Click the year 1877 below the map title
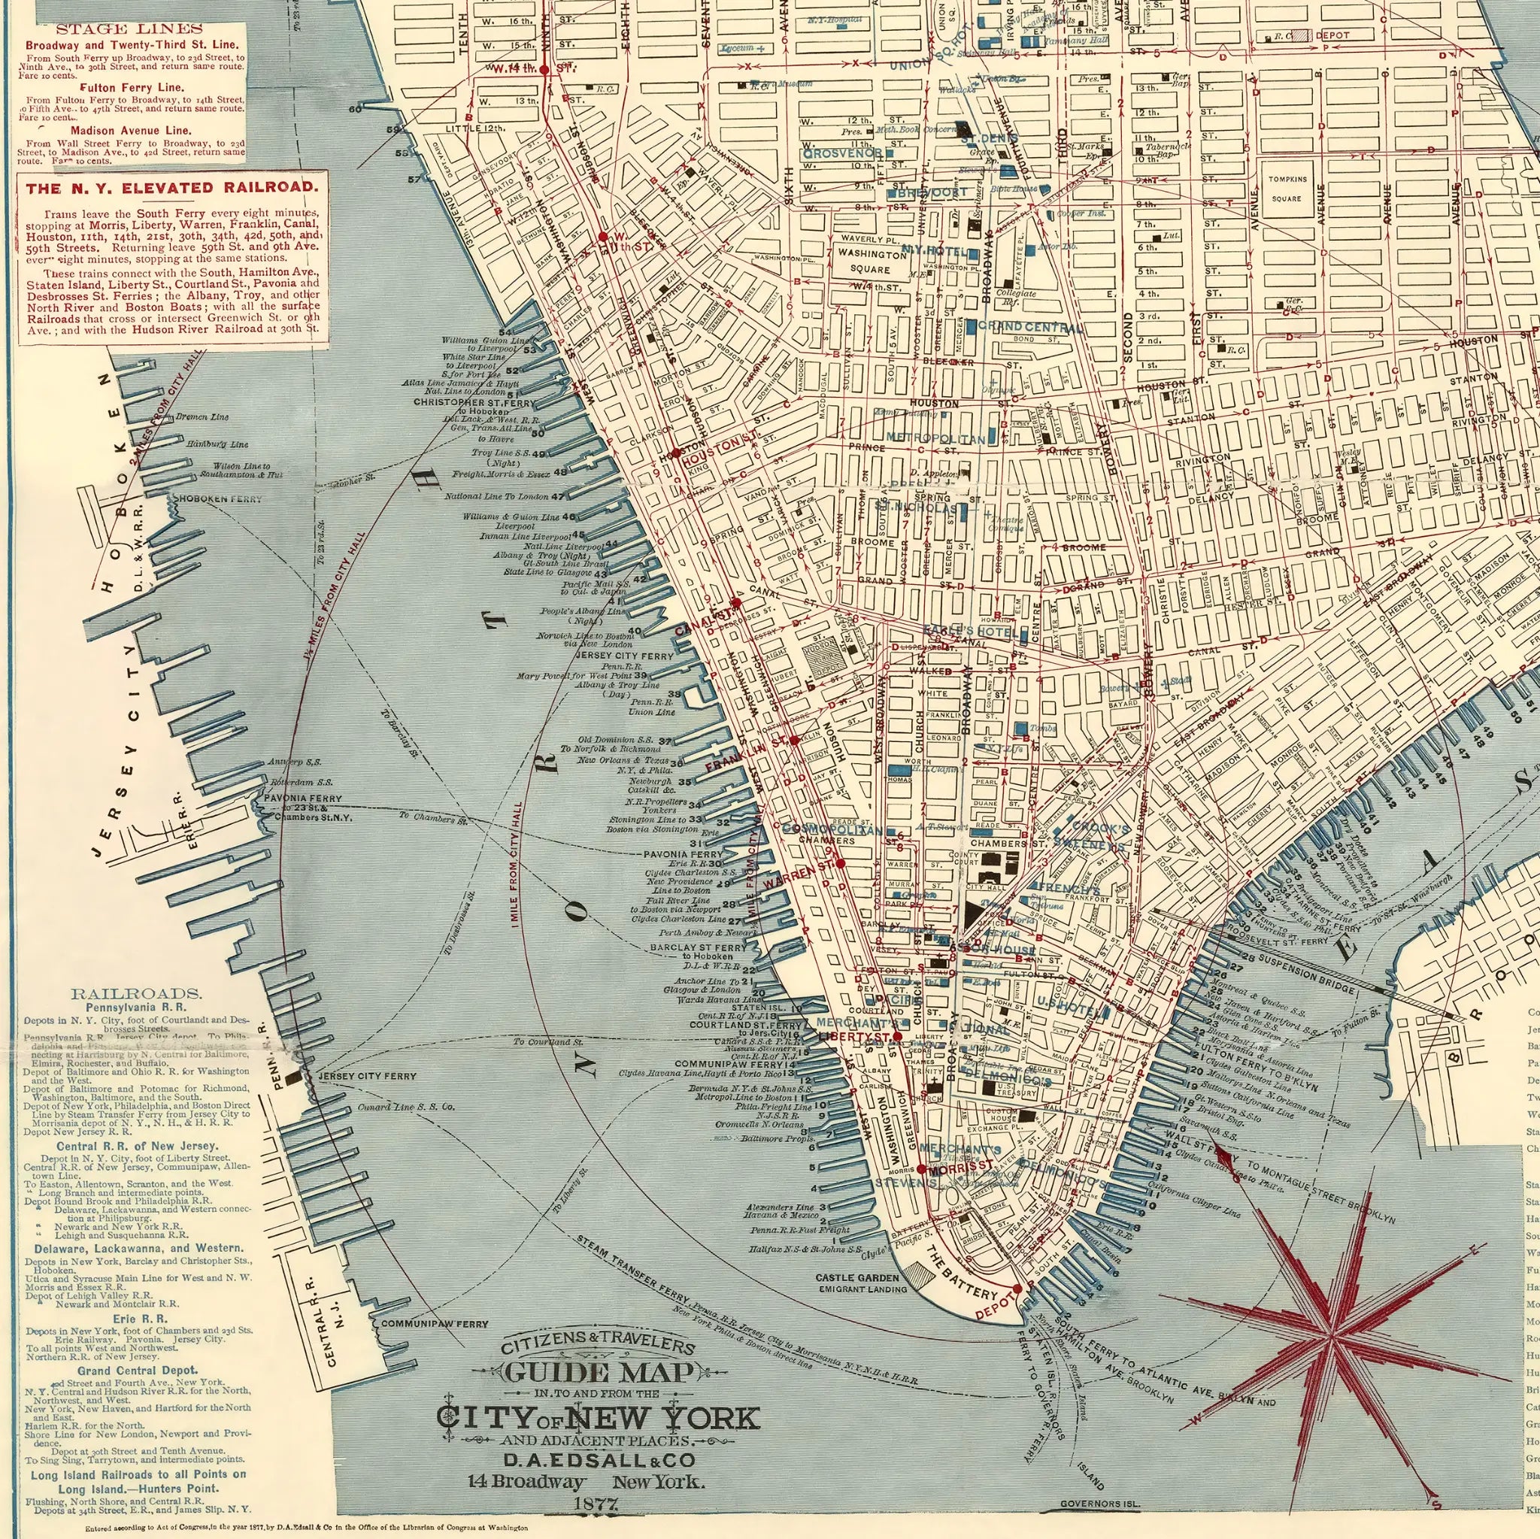pos(597,1504)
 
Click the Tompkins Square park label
pos(1288,189)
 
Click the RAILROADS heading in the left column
pos(135,994)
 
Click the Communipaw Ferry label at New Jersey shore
pos(435,1324)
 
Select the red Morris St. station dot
pos(921,1168)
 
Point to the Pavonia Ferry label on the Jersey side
pos(302,798)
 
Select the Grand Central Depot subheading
pos(136,1370)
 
